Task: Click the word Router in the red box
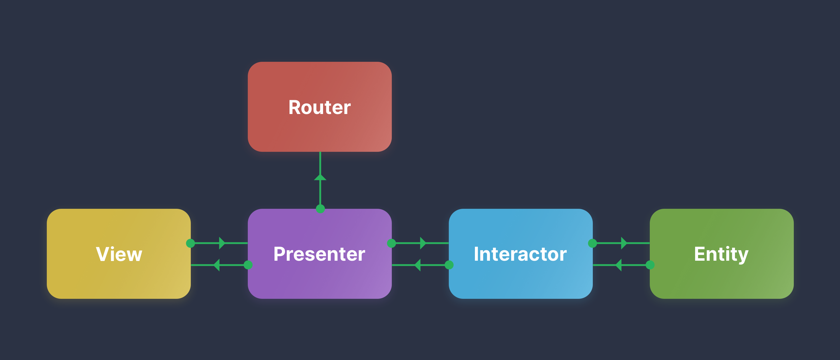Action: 319,107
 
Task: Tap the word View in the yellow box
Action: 119,254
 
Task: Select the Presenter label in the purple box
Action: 319,254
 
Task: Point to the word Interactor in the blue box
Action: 520,254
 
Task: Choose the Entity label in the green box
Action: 721,254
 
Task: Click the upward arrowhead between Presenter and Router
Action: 320,177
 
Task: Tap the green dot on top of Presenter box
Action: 320,209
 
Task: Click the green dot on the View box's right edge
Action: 190,243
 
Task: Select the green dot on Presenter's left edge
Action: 248,265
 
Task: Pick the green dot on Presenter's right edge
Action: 391,243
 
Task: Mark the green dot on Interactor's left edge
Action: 449,265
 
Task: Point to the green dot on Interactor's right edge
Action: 592,243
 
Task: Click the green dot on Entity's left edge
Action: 650,265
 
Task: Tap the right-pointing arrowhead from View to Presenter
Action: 222,243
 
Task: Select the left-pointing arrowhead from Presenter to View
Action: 217,265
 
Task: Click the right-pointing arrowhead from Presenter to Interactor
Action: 423,243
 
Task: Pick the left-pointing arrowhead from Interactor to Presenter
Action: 417,265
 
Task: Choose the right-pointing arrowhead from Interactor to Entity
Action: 623,243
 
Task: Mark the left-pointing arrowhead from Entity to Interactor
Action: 618,265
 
